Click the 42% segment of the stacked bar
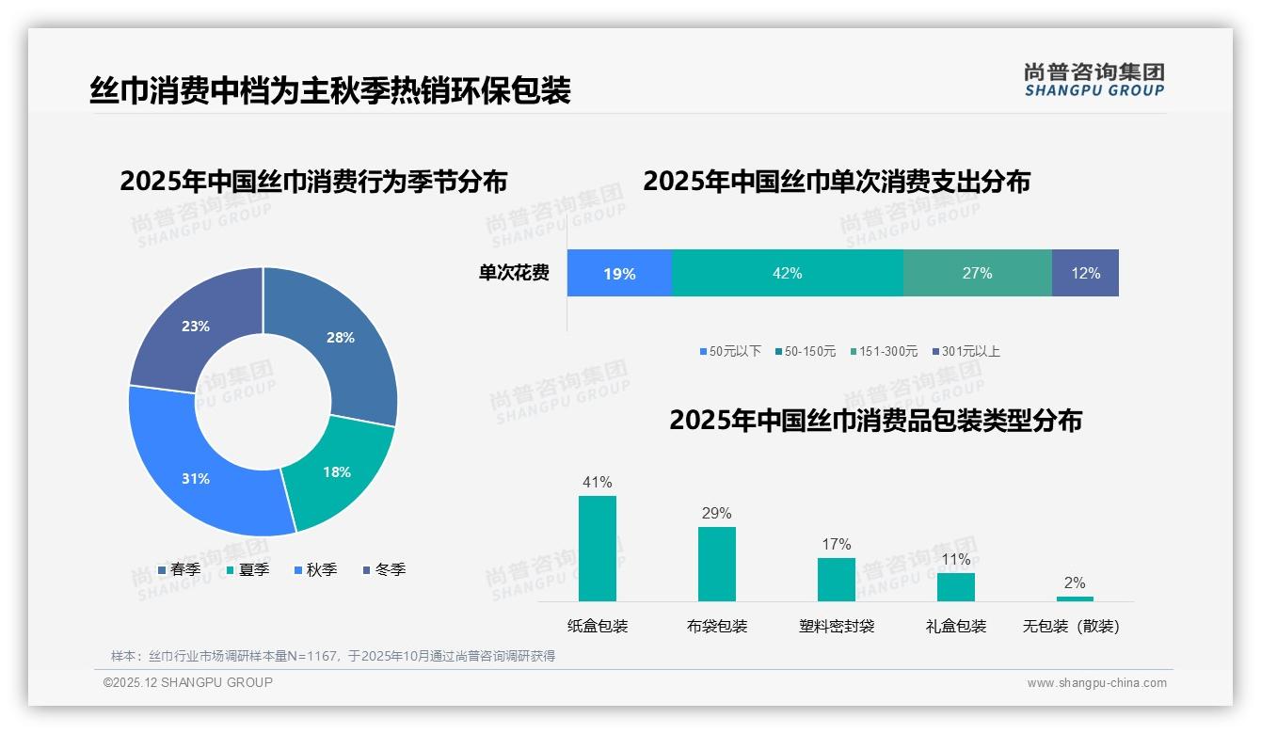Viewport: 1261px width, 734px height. [x=787, y=273]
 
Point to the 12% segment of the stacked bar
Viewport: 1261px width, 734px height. [x=1085, y=273]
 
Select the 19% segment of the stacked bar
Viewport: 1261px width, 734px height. [x=619, y=273]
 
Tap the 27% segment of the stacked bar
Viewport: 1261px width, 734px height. [x=977, y=273]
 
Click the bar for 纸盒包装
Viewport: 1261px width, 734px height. [x=598, y=549]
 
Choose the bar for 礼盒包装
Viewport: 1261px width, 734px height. [x=955, y=587]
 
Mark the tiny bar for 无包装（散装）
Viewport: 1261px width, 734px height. [x=1075, y=598]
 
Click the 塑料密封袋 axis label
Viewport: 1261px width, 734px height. [x=837, y=627]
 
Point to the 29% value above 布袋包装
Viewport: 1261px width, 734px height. [x=716, y=514]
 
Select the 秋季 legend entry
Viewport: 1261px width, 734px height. [x=315, y=569]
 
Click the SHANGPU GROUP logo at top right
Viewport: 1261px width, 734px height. [x=1093, y=80]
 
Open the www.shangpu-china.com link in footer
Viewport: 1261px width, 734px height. [x=1096, y=683]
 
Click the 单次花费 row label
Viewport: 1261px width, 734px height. [x=514, y=273]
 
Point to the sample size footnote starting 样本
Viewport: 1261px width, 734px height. [x=333, y=656]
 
